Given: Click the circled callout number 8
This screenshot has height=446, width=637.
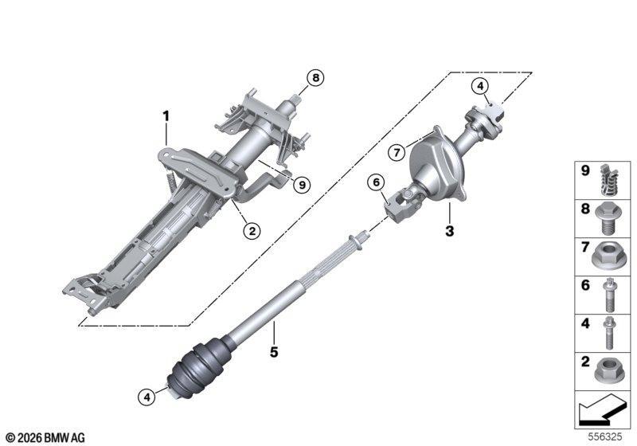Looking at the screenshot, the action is tap(315, 77).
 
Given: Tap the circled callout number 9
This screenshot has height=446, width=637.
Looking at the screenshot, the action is tap(302, 186).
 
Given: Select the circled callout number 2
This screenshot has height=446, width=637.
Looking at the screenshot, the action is tap(252, 231).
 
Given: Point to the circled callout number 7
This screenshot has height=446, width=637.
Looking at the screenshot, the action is tap(397, 153).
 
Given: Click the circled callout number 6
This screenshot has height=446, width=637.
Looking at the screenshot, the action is tap(376, 183).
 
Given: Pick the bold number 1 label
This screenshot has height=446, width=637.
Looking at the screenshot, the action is tap(166, 116).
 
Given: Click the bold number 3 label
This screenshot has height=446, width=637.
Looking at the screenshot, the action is tap(449, 231).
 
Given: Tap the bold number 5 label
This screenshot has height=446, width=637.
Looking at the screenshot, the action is tap(274, 352).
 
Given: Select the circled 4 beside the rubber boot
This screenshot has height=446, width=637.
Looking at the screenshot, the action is tap(147, 397).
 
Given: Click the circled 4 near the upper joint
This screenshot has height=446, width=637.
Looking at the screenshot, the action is tap(480, 86).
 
